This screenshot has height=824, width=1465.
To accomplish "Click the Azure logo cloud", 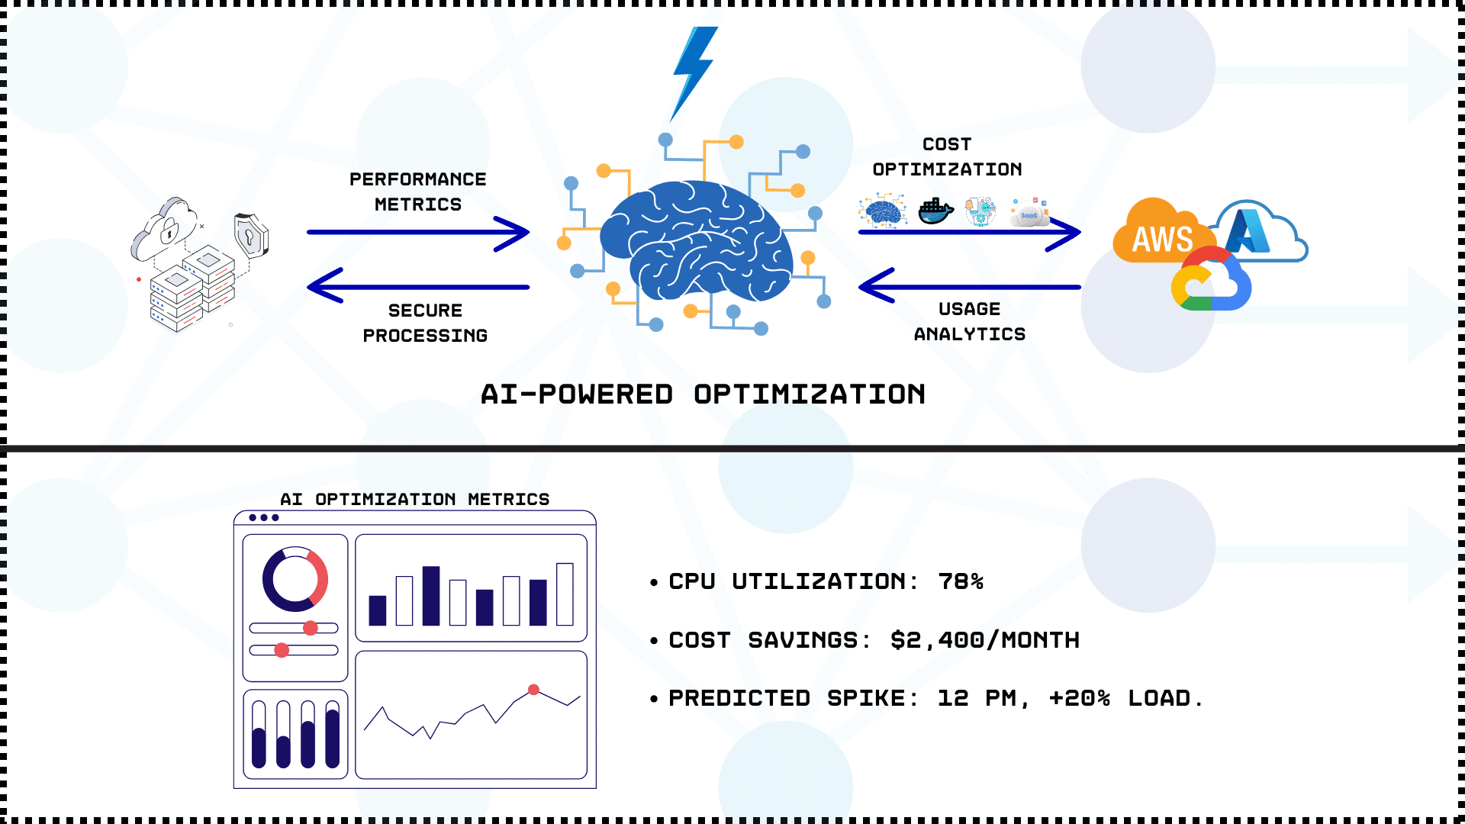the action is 1259,231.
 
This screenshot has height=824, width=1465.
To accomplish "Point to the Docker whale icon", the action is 935,211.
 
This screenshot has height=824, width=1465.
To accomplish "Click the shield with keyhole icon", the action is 251,234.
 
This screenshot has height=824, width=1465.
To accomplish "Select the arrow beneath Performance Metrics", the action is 418,233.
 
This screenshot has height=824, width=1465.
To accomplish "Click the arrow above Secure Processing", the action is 418,286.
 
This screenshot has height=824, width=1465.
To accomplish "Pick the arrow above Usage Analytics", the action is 969,286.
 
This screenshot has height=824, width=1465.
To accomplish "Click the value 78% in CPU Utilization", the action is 961,582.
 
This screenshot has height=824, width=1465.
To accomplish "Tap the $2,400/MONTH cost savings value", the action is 985,640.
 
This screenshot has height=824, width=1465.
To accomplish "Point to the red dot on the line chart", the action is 534,690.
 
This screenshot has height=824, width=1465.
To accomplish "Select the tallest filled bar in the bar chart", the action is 431,596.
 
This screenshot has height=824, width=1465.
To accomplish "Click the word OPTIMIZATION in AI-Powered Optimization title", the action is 810,394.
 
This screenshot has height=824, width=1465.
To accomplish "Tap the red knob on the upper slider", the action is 310,628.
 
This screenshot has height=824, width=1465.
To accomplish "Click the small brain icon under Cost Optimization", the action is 883,211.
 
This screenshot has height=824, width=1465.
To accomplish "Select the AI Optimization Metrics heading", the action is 415,499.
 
